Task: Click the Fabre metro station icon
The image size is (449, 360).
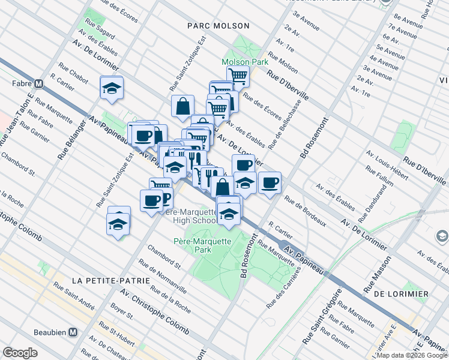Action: [x=38, y=84]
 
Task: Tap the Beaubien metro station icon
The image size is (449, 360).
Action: [x=73, y=332]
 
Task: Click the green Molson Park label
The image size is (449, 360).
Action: [x=244, y=62]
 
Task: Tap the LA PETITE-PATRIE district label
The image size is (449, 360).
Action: [x=104, y=280]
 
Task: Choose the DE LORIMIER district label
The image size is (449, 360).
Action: [x=400, y=294]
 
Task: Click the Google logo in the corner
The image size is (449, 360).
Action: [x=20, y=353]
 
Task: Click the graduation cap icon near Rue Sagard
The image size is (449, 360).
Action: [x=112, y=88]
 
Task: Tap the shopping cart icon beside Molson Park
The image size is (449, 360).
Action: [x=238, y=76]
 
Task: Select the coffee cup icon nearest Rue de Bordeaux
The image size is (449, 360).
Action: [x=270, y=182]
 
